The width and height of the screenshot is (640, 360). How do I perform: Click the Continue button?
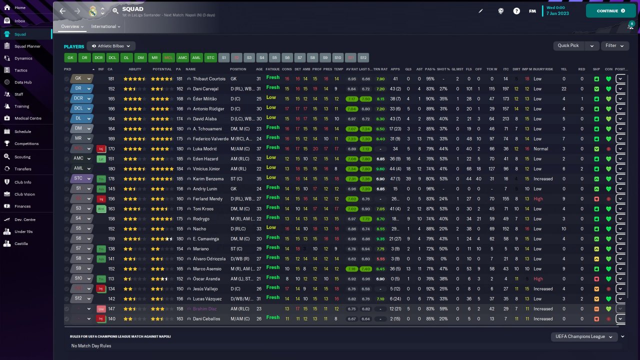[x=610, y=10]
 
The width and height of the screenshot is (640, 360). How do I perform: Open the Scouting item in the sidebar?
[x=22, y=156]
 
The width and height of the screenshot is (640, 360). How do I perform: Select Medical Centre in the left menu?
[x=27, y=118]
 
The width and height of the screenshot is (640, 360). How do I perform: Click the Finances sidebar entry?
[x=22, y=206]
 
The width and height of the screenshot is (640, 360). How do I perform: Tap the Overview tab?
[x=70, y=26]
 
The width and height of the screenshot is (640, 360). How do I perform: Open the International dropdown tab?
[x=105, y=26]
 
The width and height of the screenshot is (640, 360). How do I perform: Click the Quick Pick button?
[x=568, y=45]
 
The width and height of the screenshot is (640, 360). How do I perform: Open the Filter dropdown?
[x=614, y=45]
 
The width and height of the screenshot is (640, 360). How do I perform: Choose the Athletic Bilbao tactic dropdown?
[x=111, y=46]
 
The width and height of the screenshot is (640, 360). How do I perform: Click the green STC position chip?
[x=211, y=57]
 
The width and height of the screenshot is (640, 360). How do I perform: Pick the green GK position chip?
[x=70, y=57]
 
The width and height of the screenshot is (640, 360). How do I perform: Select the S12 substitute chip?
[x=363, y=57]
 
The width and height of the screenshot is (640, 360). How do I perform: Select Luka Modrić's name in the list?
[x=205, y=148]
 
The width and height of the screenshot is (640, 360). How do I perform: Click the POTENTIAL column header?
[x=162, y=69]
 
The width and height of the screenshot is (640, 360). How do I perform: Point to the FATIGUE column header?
[x=272, y=69]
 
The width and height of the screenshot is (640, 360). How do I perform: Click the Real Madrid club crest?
[x=93, y=10]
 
